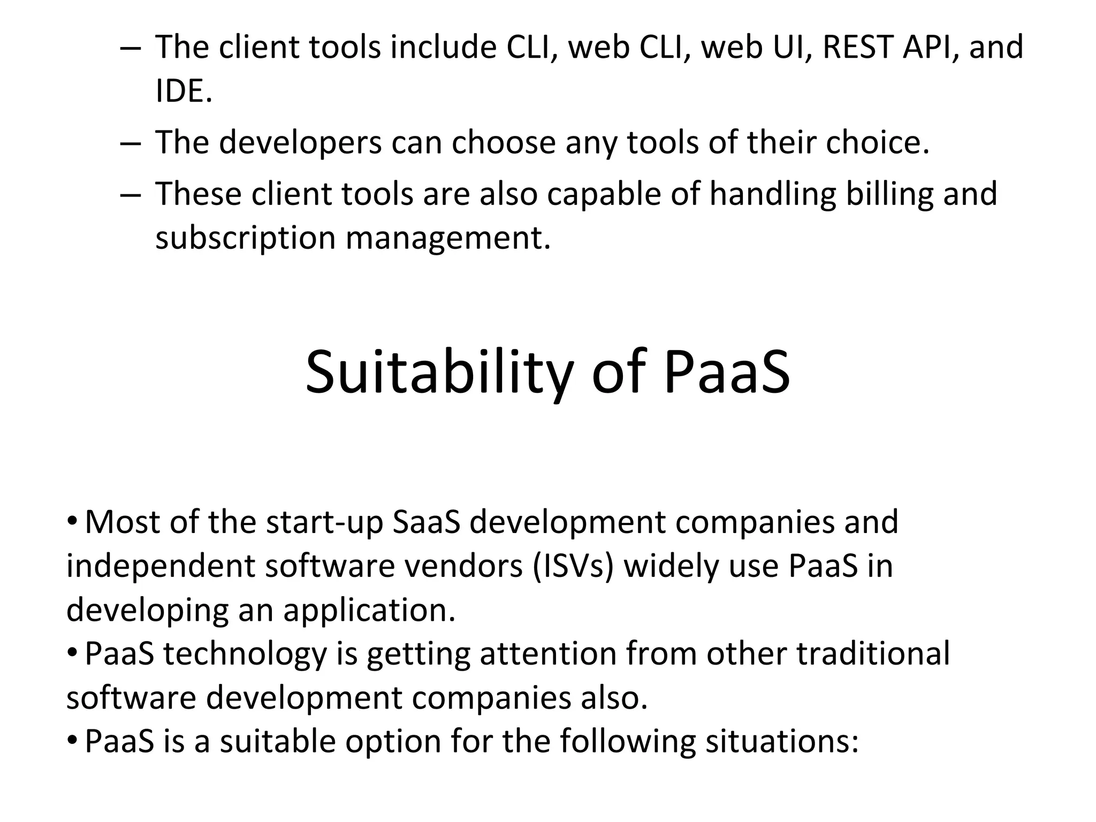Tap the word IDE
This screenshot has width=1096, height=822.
tap(184, 91)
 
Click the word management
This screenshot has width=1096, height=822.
tap(448, 239)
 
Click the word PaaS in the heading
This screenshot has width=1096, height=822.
tap(726, 372)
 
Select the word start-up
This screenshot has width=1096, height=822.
tap(324, 522)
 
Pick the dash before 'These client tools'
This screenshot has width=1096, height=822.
tap(130, 195)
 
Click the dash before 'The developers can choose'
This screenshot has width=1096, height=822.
tap(130, 143)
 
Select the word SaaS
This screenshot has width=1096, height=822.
tap(426, 522)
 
